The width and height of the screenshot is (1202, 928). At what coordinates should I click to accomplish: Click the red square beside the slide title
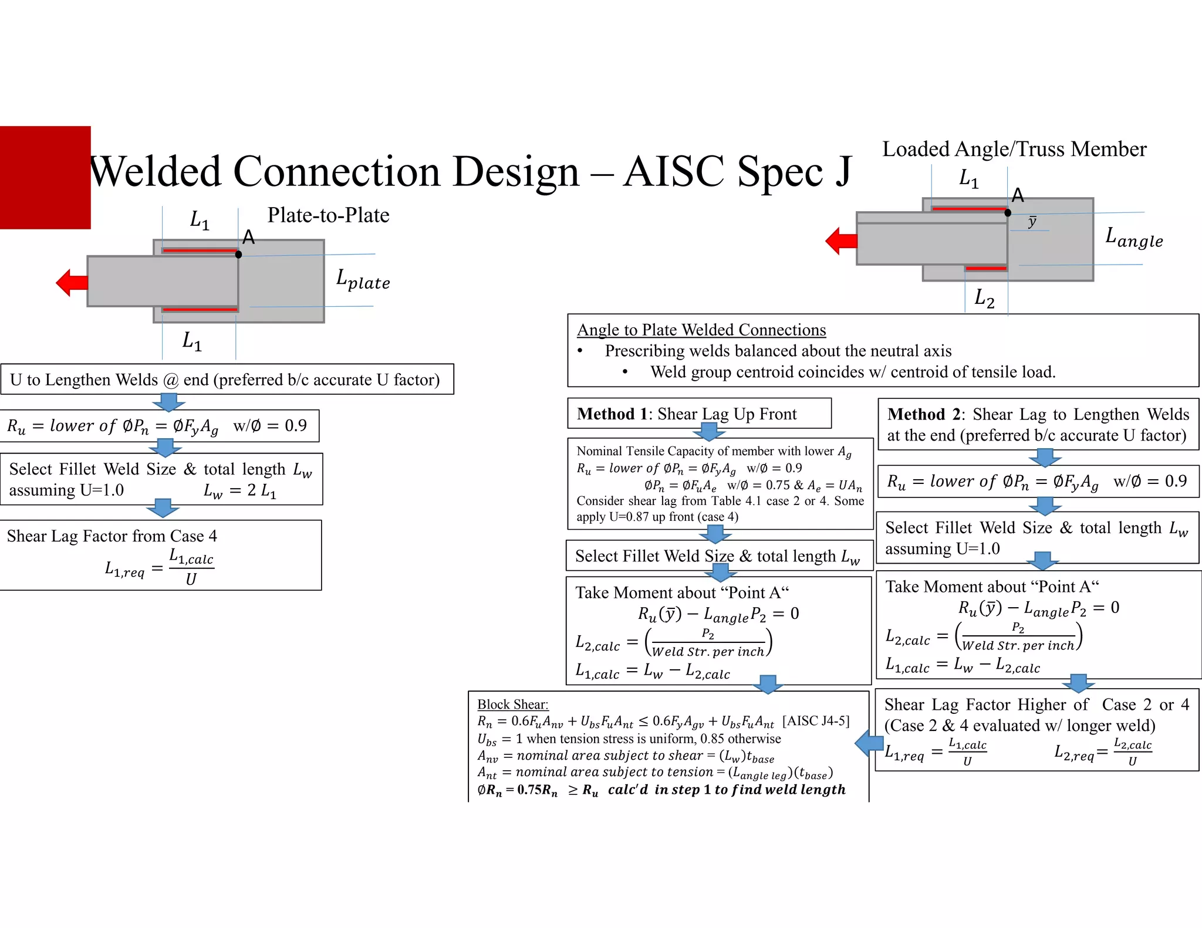tap(45, 177)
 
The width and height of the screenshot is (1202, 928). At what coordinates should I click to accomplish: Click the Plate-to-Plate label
tap(328, 215)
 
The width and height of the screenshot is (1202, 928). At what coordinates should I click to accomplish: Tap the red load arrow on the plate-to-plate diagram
tap(72, 283)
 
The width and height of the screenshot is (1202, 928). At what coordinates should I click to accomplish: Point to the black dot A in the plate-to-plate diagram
tap(238, 254)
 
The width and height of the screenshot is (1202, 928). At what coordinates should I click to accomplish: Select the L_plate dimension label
tap(363, 280)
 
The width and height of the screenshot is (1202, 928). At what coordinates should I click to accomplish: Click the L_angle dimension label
tap(1133, 238)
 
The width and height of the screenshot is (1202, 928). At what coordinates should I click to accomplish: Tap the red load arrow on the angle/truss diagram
tap(841, 241)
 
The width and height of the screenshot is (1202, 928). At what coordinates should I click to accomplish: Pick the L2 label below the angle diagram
tap(984, 298)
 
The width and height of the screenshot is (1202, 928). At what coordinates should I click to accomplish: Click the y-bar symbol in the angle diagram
tap(1032, 222)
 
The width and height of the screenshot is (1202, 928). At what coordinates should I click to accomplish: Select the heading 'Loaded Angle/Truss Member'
tap(1014, 149)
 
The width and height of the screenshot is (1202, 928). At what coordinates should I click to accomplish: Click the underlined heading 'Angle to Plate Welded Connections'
tap(701, 330)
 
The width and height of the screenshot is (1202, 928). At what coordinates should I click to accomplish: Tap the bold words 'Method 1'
tap(611, 414)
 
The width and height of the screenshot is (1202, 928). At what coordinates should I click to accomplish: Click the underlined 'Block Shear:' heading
tap(512, 704)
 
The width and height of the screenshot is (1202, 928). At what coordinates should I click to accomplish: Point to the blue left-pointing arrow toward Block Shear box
tap(869, 743)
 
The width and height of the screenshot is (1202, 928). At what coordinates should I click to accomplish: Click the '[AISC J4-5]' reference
tap(816, 721)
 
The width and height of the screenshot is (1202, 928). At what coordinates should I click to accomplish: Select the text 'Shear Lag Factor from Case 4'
tap(112, 536)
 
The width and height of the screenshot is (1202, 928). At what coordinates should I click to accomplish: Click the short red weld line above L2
tap(986, 268)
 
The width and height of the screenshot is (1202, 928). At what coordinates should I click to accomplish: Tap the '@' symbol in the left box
tap(171, 380)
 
